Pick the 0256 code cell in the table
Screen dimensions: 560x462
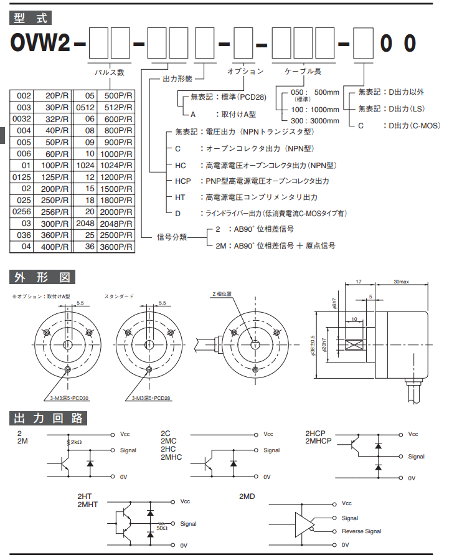(x=23, y=211)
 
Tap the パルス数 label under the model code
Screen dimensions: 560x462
(x=109, y=72)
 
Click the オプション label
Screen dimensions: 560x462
(x=245, y=72)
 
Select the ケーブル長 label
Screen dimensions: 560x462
(x=303, y=72)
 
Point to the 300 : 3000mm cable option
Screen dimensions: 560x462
(x=315, y=121)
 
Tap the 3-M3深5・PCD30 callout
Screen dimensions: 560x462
(x=69, y=397)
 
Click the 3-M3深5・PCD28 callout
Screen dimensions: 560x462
(x=151, y=397)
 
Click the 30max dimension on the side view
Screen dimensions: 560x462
(x=401, y=283)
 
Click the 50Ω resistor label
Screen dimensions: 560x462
(x=163, y=528)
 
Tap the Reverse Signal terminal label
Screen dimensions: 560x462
(x=361, y=531)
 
